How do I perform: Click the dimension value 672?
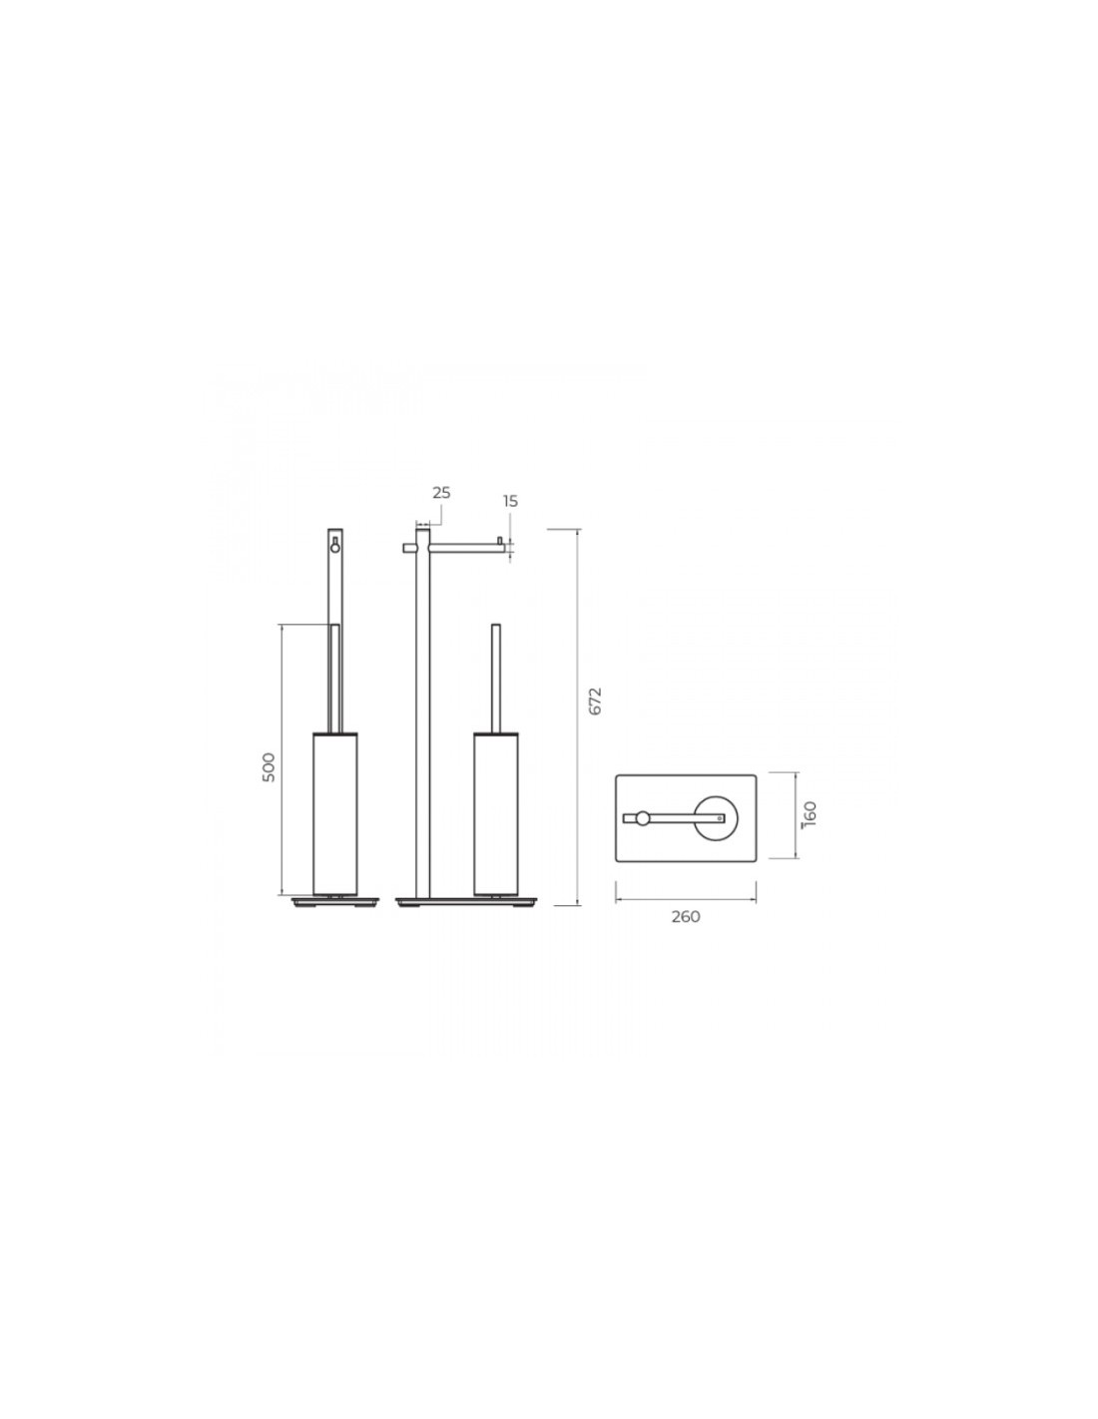(594, 701)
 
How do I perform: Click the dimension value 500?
(269, 768)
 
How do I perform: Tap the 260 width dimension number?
(685, 917)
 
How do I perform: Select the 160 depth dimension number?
(811, 813)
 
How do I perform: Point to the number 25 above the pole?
(441, 493)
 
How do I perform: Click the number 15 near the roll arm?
(510, 502)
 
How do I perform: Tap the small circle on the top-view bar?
(644, 817)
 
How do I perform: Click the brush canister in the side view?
(495, 813)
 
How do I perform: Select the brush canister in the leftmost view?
(335, 813)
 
